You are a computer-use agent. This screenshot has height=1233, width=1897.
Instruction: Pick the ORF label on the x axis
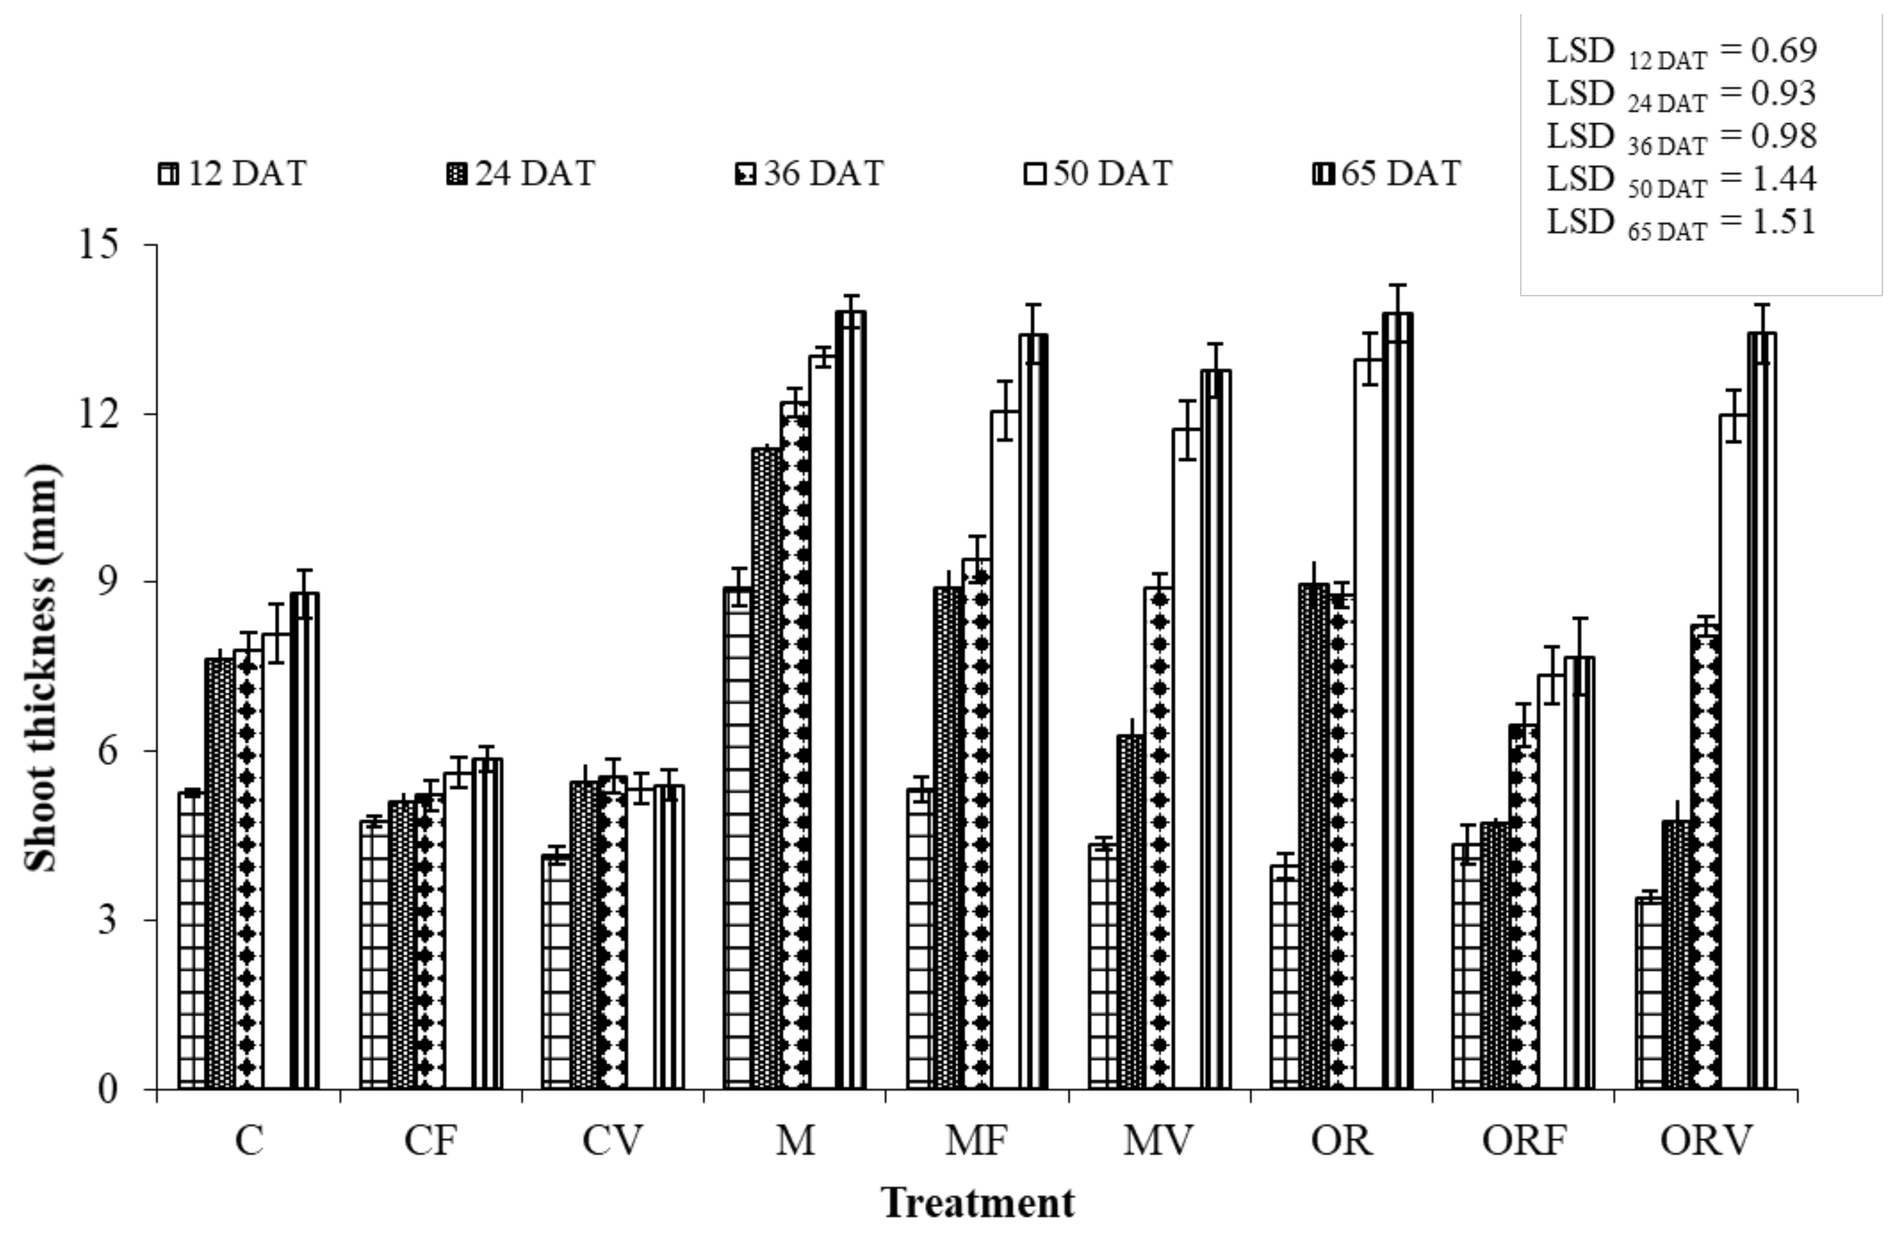1523,1140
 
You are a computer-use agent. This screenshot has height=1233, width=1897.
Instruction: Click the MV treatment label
1158,1140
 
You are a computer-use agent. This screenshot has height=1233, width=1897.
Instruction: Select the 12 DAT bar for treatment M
738,837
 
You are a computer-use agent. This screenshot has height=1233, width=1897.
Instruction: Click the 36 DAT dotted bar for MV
1158,837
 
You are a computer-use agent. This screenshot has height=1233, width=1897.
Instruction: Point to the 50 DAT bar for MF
1005,749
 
